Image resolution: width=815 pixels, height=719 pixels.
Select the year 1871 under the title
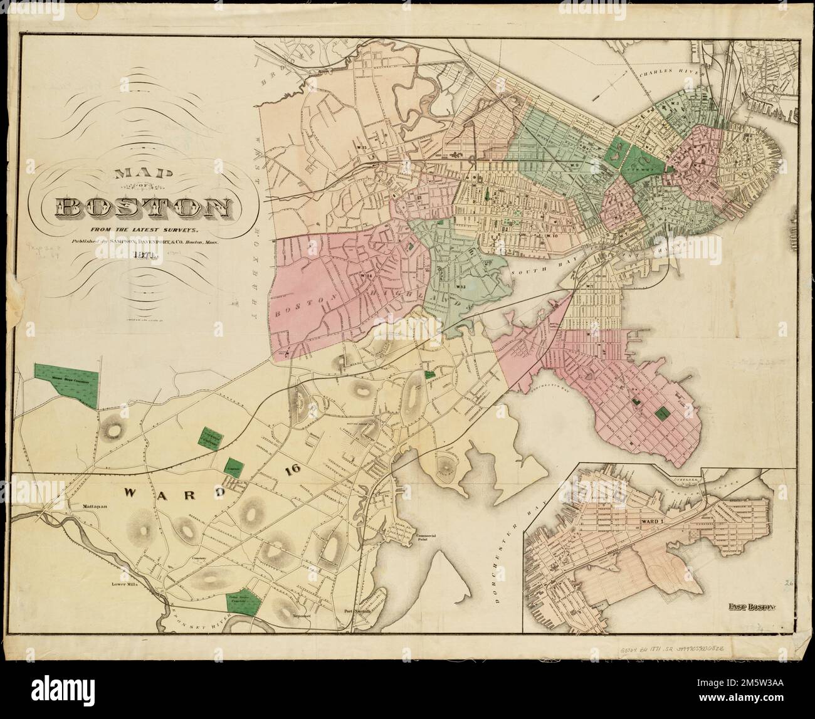[x=142, y=255]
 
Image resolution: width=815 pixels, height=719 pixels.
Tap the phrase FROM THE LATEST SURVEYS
[x=143, y=230]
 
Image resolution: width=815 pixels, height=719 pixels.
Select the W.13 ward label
[x=460, y=286]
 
